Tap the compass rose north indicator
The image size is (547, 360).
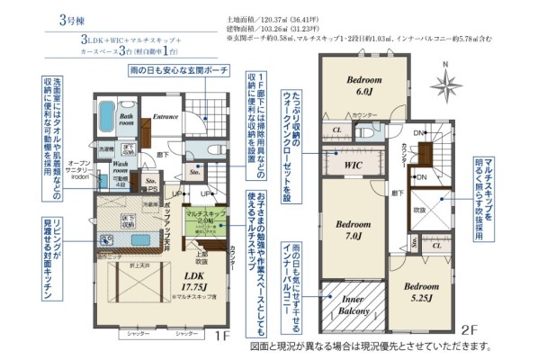click(444, 84)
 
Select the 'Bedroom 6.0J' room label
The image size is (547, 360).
click(365, 85)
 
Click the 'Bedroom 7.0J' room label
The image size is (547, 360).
click(348, 229)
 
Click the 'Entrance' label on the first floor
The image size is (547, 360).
click(165, 116)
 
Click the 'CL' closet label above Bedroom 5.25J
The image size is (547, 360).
click(435, 244)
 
